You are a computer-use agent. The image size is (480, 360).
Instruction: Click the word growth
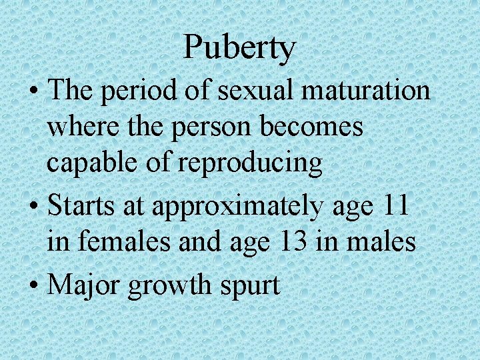click(170, 286)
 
